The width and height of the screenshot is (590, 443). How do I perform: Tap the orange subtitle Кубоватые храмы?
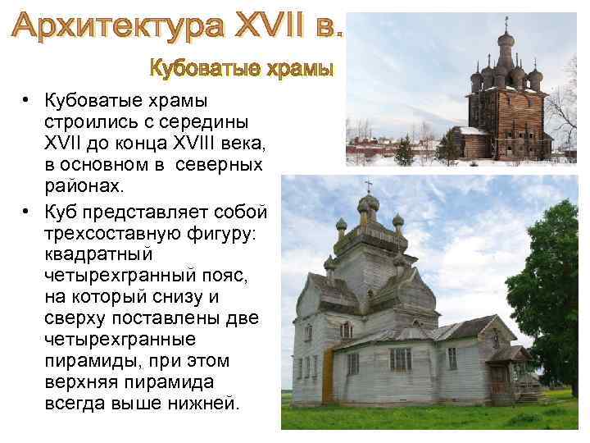pyautogui.click(x=243, y=68)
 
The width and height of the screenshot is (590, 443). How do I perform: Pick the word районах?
pyautogui.click(x=85, y=185)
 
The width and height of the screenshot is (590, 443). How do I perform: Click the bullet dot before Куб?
pyautogui.click(x=28, y=212)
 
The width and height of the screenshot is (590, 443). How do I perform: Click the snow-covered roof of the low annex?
pyautogui.click(x=470, y=130)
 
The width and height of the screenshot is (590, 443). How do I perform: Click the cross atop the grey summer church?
pyautogui.click(x=368, y=186)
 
